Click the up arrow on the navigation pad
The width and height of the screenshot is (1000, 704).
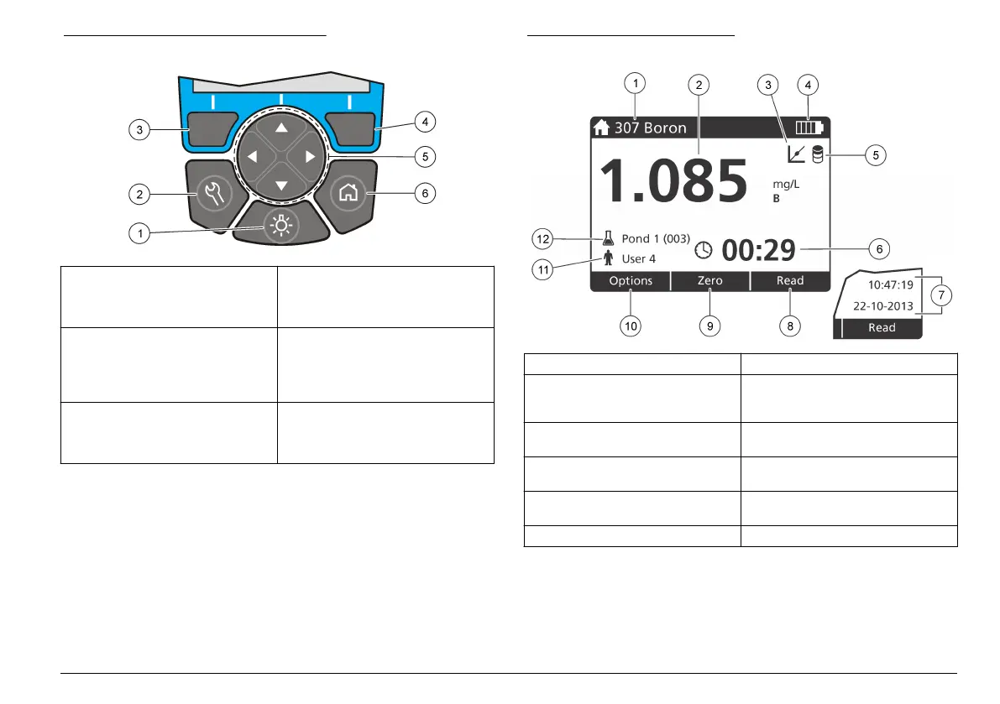[x=280, y=128]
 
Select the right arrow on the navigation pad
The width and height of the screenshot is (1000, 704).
[x=310, y=156]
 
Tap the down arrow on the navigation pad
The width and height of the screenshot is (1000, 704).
[x=280, y=185]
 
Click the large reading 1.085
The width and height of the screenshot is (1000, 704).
[x=671, y=180]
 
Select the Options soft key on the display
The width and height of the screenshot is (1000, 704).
[x=631, y=281]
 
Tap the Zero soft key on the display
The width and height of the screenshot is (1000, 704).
[x=709, y=281]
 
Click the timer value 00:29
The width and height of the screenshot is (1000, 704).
[x=757, y=250]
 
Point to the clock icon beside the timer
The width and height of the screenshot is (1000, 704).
[x=704, y=250]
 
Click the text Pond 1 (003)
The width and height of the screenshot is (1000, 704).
[x=655, y=238]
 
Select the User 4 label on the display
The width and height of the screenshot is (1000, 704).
[x=638, y=258]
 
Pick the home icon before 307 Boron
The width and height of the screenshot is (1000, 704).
[x=600, y=128]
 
